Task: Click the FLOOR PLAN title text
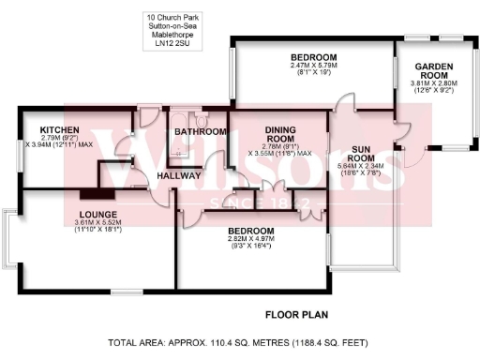click(295, 314)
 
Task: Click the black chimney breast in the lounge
click(97, 194)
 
